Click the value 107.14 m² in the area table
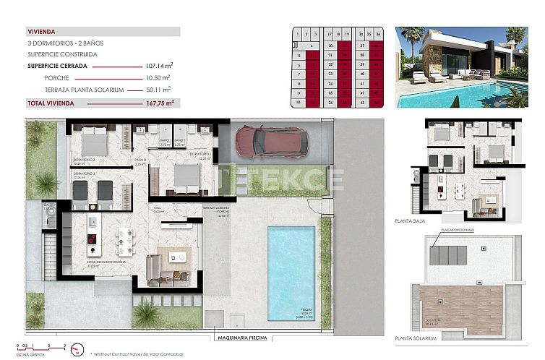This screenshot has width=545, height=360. [x=158, y=66]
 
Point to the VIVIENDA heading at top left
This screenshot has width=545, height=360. [x=41, y=32]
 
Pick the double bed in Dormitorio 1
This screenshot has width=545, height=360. [x=186, y=177]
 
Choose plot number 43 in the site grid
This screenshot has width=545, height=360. [x=361, y=103]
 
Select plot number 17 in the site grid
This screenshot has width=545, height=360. [x=330, y=33]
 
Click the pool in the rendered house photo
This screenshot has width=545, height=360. [x=463, y=94]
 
